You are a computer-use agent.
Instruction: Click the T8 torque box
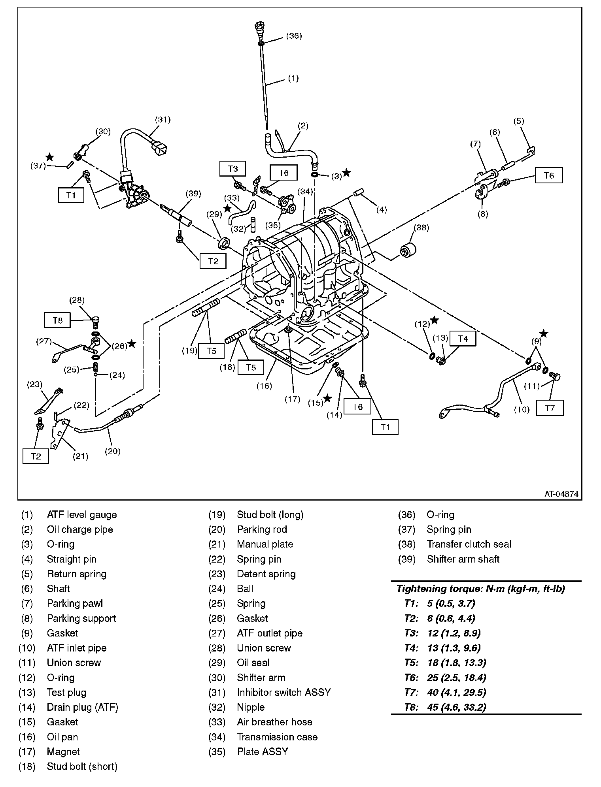(x=58, y=320)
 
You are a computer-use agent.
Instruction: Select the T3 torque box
(x=233, y=169)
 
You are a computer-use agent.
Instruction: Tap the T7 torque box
(x=550, y=408)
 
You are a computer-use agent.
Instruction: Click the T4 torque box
(x=463, y=339)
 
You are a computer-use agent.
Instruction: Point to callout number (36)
(x=294, y=36)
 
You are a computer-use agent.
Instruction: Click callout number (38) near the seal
(x=421, y=228)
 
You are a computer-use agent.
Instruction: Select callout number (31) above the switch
(x=163, y=119)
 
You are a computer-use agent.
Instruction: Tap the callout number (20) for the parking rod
(x=113, y=451)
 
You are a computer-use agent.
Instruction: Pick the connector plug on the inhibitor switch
(x=159, y=148)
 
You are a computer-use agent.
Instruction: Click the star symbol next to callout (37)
(x=49, y=157)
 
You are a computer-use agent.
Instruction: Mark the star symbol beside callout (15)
(x=327, y=398)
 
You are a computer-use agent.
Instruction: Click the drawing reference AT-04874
(x=561, y=494)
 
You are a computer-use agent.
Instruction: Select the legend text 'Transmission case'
(x=277, y=737)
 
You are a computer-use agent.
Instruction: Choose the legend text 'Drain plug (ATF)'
(x=82, y=707)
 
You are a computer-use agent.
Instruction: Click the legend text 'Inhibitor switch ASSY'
(x=283, y=692)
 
